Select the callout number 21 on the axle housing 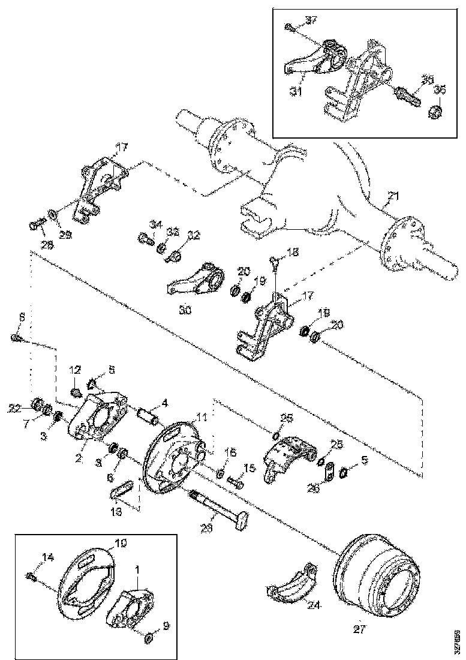click(393, 196)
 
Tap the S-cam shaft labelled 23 click(218, 506)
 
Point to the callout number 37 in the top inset click(311, 22)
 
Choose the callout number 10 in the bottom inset click(121, 542)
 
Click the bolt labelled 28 click(35, 226)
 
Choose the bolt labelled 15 click(235, 481)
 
